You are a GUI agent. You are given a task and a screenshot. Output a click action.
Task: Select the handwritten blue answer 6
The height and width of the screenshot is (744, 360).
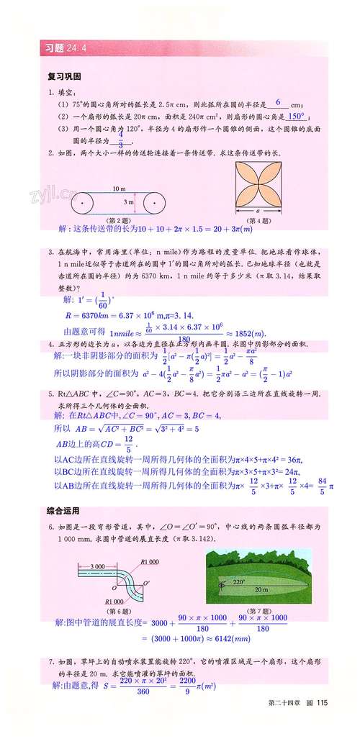[277, 102]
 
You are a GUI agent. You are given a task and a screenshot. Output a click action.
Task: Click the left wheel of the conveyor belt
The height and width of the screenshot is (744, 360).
[84, 204]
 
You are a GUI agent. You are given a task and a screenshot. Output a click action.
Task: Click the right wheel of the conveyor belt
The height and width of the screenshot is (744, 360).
[156, 204]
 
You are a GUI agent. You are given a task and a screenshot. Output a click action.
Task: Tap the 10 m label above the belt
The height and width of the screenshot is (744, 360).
[119, 189]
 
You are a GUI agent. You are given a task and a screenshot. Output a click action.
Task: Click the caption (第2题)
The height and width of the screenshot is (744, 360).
[119, 220]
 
